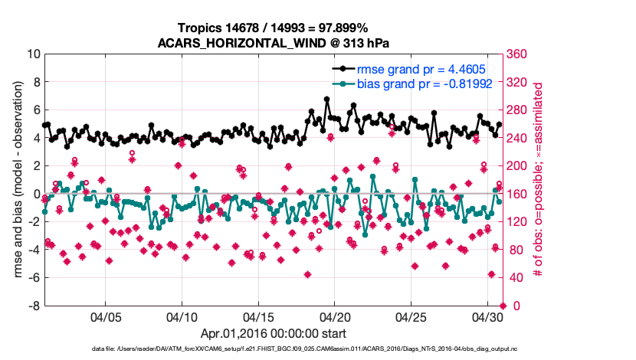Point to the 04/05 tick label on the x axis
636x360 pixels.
(106, 316)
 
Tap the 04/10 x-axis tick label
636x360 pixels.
(182, 316)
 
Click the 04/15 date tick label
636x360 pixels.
(258, 316)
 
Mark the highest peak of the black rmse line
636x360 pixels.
(327, 99)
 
